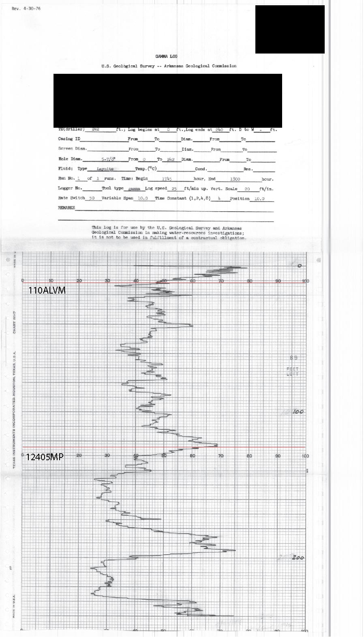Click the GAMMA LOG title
pos(166,56)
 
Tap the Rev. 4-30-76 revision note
pos(26,9)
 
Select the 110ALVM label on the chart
pos(47,290)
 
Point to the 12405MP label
pos(45,457)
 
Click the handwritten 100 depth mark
pos(298,412)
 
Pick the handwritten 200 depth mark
pos(298,558)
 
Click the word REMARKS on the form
pos(66,208)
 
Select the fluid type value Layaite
pos(105,169)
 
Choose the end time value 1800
pos(235,179)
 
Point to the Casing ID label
pos(69,139)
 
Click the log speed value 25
pos(174,189)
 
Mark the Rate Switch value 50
pos(92,198)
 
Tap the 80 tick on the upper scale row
pos(250,281)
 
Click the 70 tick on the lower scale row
pos(221,456)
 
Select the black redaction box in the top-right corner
pos(290,29)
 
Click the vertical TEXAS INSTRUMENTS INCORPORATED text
pos(14,410)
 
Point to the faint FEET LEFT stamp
pos(293,371)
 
